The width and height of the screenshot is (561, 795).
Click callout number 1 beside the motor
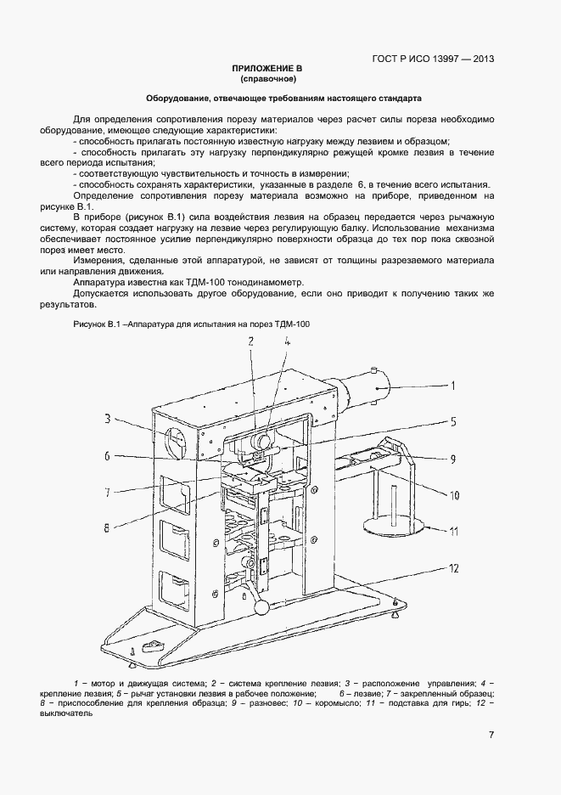[453, 386]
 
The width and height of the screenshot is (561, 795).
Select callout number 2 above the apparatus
[250, 341]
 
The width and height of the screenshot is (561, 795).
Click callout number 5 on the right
[453, 420]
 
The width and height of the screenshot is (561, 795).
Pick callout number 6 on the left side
[108, 456]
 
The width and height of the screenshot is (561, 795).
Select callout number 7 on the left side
[108, 491]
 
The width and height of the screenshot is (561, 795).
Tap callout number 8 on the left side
[108, 527]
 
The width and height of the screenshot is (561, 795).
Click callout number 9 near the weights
[453, 459]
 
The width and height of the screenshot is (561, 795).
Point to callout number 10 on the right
[454, 494]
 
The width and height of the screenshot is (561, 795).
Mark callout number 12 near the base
[454, 567]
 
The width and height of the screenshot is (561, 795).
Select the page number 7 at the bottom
[491, 736]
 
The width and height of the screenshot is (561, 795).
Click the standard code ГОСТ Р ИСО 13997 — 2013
[433, 59]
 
